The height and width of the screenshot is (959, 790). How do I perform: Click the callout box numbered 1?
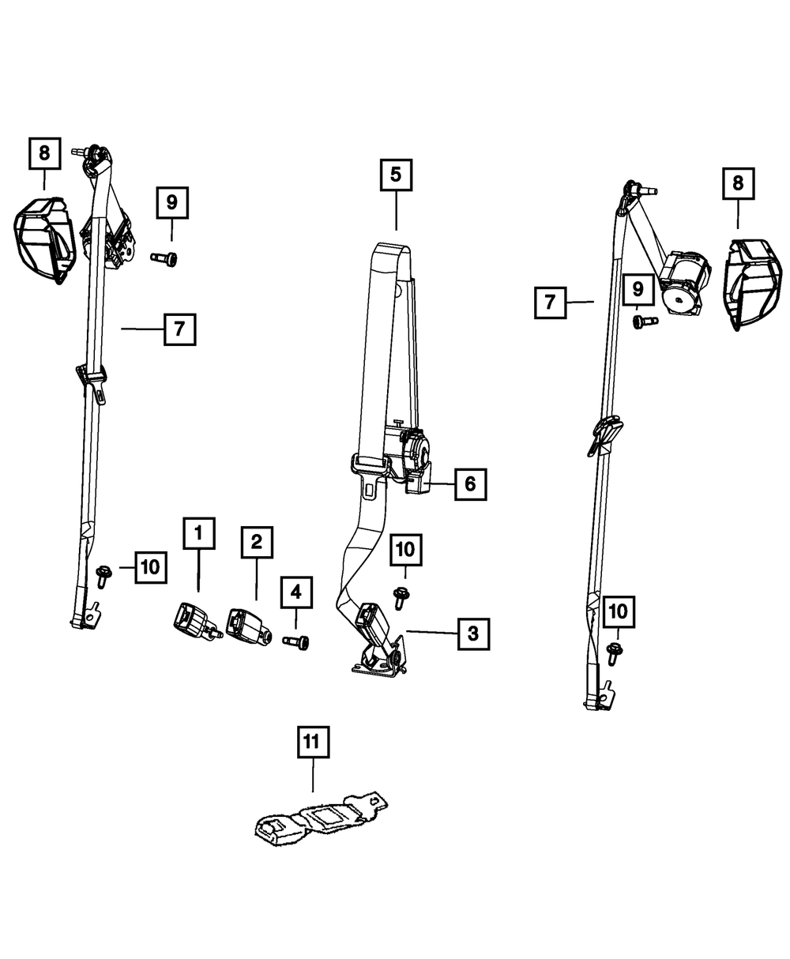(198, 533)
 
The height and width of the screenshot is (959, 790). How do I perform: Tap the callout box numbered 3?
(472, 633)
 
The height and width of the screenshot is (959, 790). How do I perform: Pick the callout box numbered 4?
(295, 591)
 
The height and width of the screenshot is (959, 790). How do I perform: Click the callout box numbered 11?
(312, 743)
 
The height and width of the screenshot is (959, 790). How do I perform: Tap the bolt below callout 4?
(297, 641)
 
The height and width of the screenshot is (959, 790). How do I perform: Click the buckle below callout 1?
(194, 619)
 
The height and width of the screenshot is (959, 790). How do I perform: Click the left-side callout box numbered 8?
(44, 153)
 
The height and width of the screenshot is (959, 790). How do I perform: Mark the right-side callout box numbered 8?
(738, 184)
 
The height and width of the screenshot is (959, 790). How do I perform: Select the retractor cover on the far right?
(751, 282)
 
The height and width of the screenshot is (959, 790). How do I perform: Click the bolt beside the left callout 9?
(164, 258)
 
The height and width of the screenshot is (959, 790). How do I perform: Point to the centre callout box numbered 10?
(404, 548)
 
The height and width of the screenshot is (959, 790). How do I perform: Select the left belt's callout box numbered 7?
(179, 329)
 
